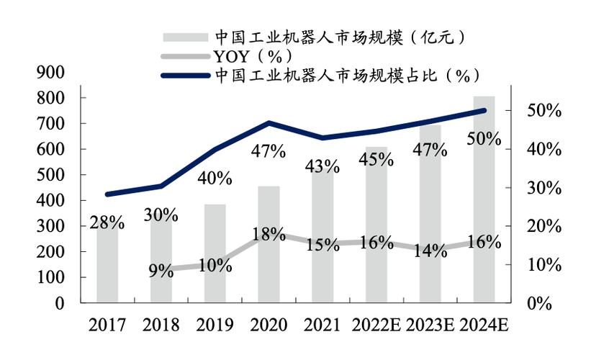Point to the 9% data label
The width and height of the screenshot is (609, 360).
[161, 271]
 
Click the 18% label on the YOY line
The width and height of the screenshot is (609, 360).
[269, 234]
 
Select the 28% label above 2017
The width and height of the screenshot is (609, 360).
[107, 222]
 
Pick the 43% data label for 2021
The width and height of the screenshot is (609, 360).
[322, 166]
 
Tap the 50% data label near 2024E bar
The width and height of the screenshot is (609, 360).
[483, 139]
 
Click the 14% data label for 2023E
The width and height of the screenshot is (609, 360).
[430, 251]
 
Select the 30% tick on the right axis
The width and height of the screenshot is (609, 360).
[544, 188]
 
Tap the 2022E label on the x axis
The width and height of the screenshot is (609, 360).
[376, 325]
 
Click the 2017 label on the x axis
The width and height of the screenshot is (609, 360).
[107, 325]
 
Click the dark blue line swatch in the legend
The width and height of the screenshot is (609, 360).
[185, 75]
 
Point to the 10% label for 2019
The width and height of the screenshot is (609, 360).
[215, 266]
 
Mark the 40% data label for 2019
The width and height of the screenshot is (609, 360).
[215, 178]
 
